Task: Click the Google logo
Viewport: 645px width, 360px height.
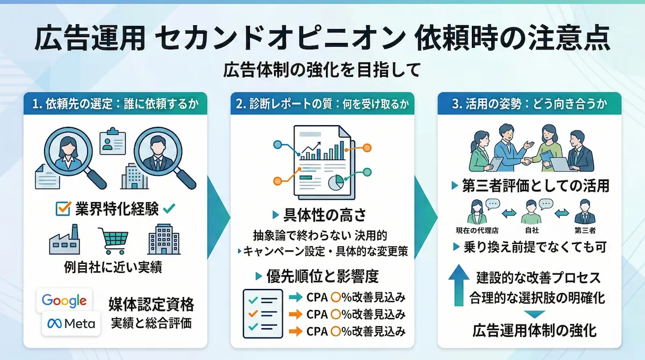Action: pyautogui.click(x=64, y=300)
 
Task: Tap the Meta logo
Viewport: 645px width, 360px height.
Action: pyautogui.click(x=71, y=323)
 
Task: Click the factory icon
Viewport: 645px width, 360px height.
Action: pyautogui.click(x=64, y=241)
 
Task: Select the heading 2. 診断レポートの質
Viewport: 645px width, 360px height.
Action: pyautogui.click(x=322, y=105)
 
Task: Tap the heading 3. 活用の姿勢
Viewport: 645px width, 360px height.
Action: pyautogui.click(x=529, y=105)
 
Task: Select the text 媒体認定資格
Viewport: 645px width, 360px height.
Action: pyautogui.click(x=151, y=305)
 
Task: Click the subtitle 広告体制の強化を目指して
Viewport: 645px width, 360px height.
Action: pyautogui.click(x=322, y=70)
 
